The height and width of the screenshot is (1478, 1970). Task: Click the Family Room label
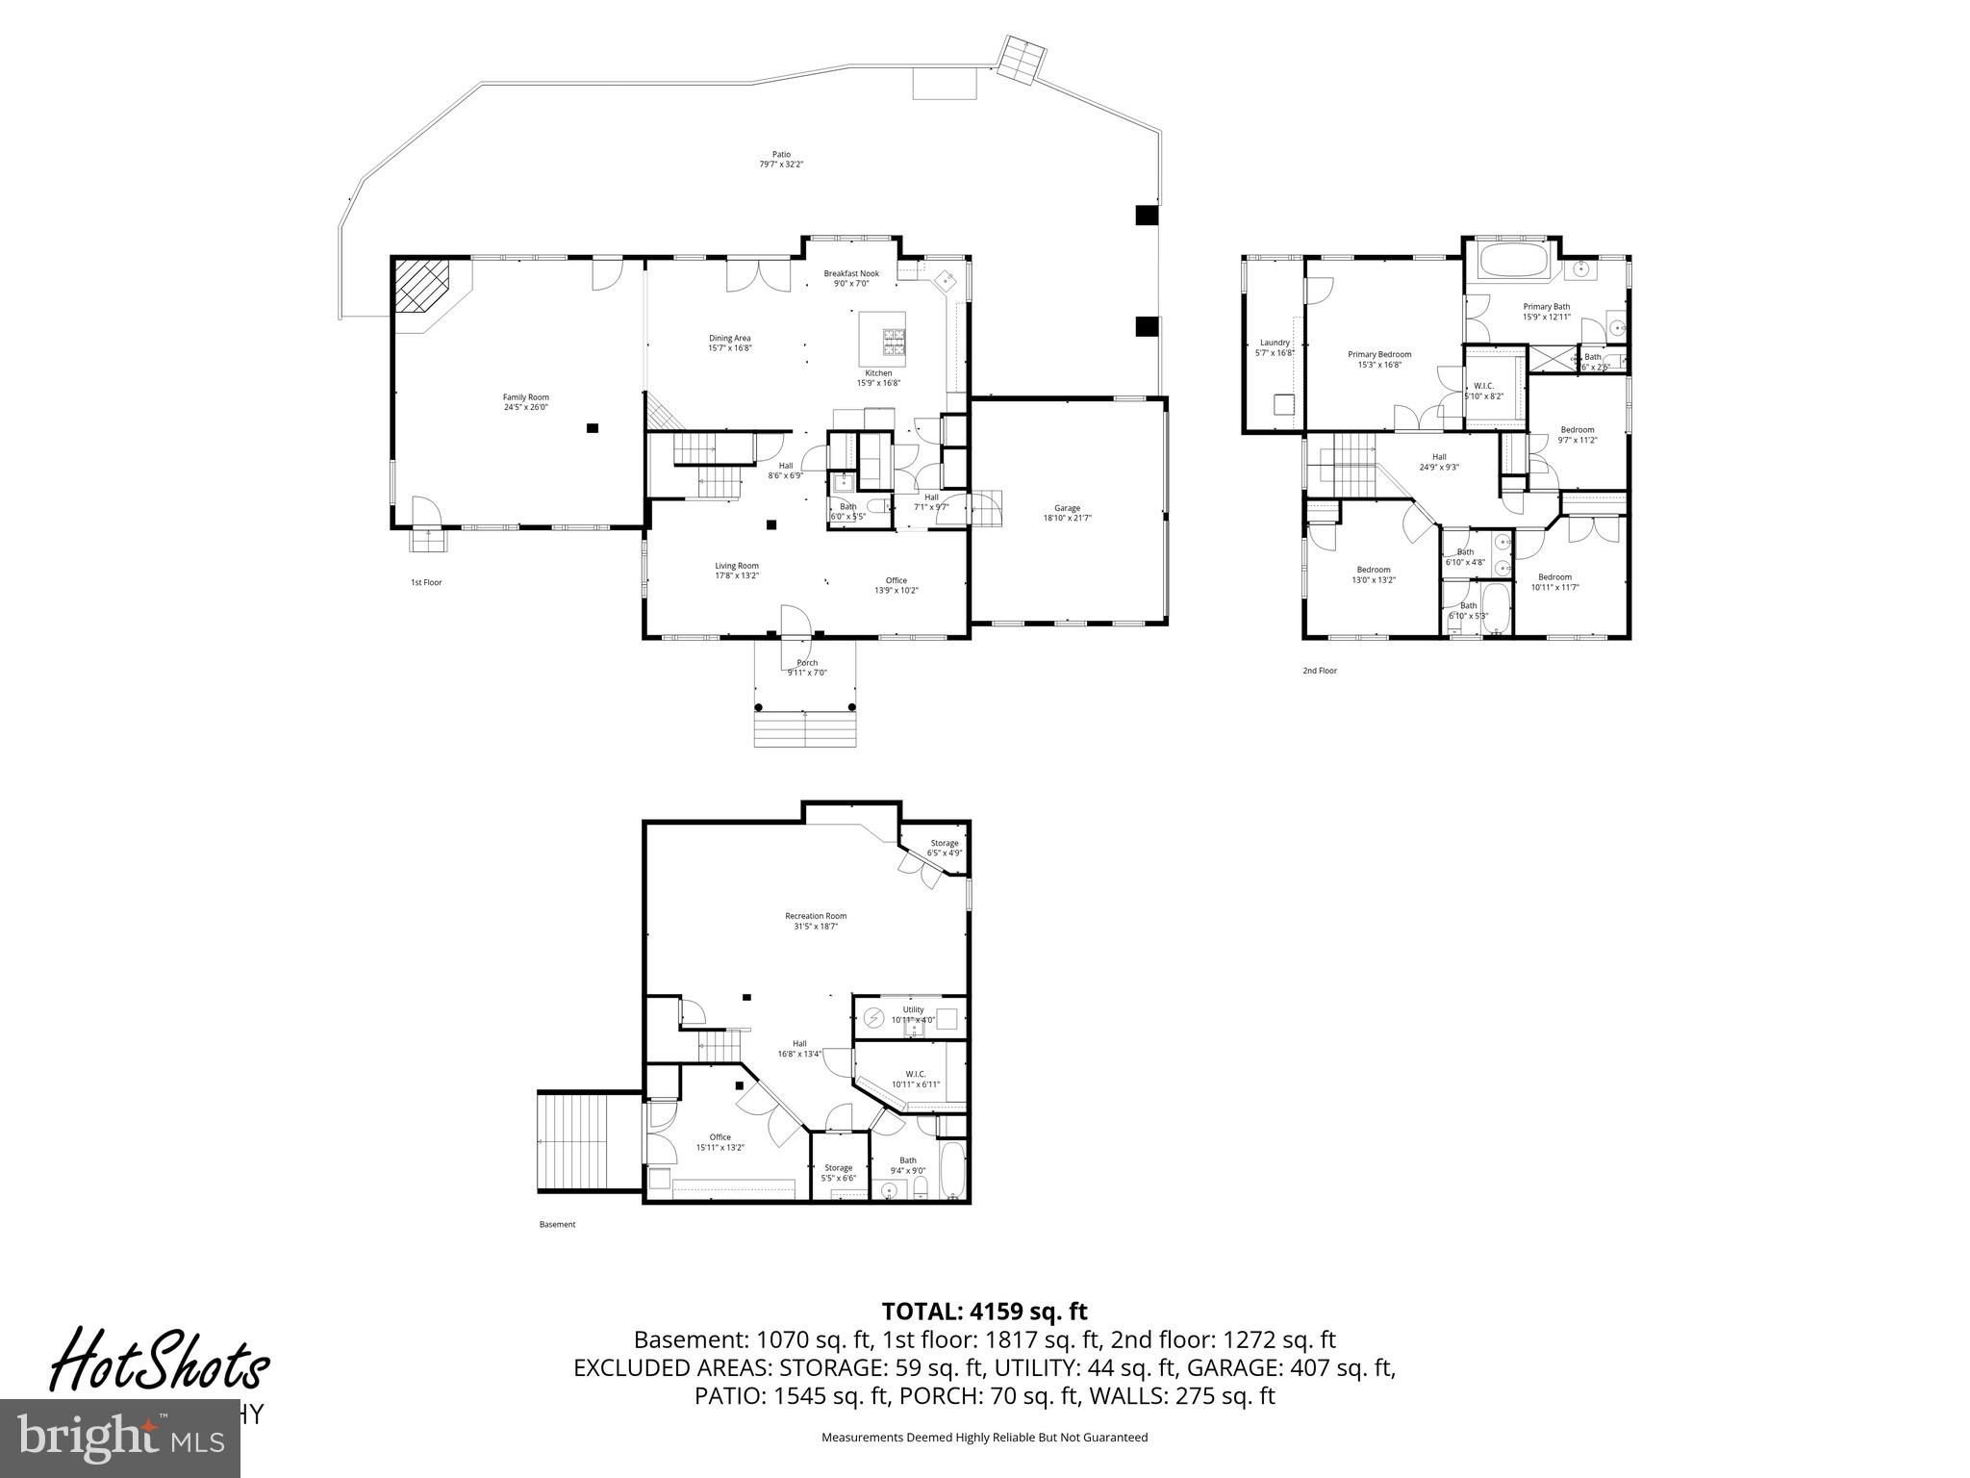tap(525, 397)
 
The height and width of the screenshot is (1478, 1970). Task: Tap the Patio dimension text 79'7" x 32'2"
tap(780, 165)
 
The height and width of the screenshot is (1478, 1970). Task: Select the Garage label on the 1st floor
tap(1067, 508)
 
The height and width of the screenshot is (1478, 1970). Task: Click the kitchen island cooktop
tap(895, 339)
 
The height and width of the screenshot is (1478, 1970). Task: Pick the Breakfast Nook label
tap(850, 273)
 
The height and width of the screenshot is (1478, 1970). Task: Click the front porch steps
tap(804, 728)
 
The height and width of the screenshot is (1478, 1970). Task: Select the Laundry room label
tap(1275, 343)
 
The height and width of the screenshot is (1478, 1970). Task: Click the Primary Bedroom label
tap(1378, 354)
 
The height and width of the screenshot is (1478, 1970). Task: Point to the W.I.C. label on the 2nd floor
tap(1482, 385)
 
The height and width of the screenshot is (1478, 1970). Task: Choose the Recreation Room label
tap(815, 916)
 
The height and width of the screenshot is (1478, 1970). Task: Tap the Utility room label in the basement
tap(912, 1009)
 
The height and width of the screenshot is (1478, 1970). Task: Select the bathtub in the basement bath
tap(952, 1169)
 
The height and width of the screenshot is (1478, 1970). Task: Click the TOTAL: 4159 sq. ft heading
tap(984, 1311)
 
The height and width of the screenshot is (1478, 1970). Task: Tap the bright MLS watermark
tap(119, 1439)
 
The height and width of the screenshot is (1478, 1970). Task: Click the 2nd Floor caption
tap(1319, 671)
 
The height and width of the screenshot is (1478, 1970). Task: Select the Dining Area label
tap(729, 338)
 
